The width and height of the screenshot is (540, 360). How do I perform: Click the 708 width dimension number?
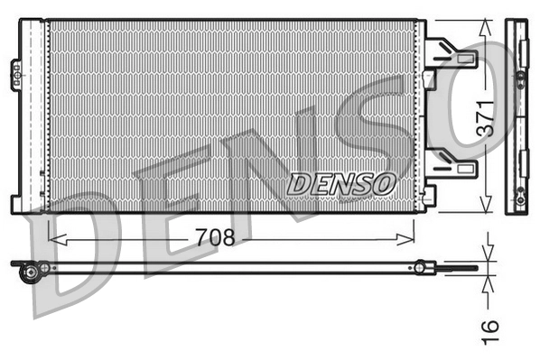215,238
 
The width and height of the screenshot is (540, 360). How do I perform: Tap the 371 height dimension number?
485,119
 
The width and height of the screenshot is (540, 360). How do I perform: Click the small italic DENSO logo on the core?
342,183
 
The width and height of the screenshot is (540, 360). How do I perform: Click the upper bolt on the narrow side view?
522,81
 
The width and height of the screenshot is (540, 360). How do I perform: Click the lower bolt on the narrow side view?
520,191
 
